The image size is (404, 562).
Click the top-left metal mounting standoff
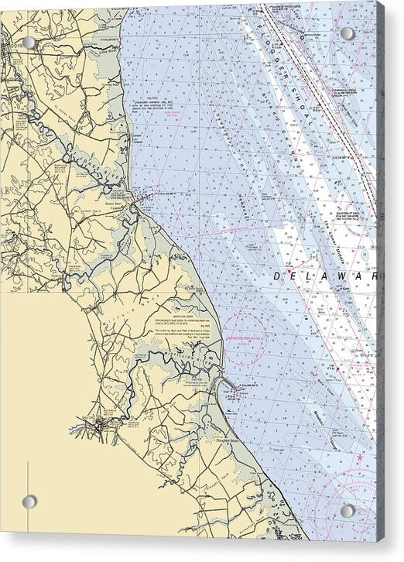[x=29, y=43]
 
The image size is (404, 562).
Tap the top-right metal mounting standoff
[x=348, y=33]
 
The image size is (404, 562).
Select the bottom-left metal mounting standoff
[x=29, y=502]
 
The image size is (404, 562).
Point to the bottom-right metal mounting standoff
[x=348, y=511]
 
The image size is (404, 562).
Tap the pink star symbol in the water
[x=360, y=458]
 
